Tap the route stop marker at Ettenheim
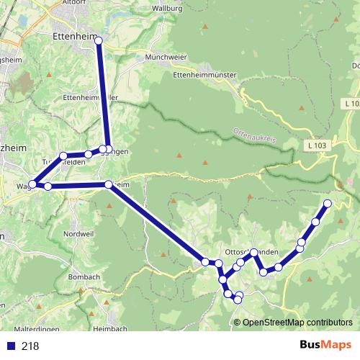tap(99, 41)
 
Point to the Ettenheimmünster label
tap(204, 74)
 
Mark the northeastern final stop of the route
tap(328, 204)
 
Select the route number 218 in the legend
tap(30, 346)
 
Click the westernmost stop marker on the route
tap(32, 184)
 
